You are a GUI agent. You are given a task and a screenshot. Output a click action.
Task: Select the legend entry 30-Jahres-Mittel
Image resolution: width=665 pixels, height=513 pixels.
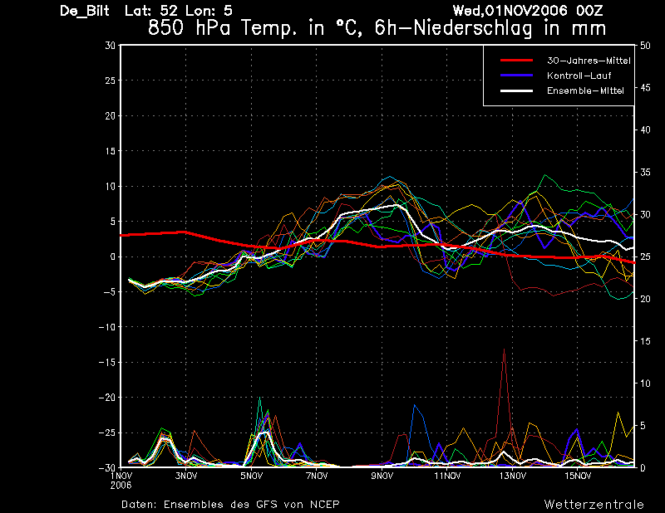pos(589,61)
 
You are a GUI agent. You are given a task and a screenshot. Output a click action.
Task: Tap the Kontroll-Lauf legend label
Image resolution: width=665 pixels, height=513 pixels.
pos(579,76)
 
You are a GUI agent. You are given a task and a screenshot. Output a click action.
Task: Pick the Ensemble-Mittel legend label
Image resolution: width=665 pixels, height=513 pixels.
pos(585,90)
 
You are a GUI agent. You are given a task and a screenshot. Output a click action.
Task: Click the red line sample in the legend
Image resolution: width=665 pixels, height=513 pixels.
pos(516,61)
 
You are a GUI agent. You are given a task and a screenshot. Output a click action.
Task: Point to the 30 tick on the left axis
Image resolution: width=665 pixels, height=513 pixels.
pos(110,45)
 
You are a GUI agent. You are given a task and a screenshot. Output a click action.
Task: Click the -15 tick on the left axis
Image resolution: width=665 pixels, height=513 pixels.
pos(107,362)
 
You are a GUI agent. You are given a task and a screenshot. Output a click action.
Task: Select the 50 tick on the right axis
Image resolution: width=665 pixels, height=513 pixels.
pos(645,46)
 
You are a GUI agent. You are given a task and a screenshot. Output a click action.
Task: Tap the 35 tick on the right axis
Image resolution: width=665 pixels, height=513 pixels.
pos(645,172)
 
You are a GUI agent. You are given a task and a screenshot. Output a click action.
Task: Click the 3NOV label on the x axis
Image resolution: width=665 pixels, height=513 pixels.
pos(186,476)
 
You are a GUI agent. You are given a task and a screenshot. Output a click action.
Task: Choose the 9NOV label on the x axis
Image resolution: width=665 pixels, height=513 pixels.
pos(382,476)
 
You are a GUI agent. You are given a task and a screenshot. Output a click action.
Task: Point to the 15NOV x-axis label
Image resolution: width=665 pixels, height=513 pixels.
pos(578,476)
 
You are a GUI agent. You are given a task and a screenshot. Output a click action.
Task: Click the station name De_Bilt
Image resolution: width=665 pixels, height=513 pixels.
pos(85,11)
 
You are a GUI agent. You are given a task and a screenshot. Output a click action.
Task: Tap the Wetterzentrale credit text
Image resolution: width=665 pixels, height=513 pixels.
pos(594,505)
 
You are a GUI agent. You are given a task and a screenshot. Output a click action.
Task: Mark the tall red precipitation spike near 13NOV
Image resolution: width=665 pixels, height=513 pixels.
pos(504,349)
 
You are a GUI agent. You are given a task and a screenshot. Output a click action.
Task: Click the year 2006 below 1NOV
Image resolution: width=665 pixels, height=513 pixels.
pos(121,486)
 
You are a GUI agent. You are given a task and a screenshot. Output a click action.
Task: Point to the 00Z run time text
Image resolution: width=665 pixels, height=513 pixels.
pos(589,10)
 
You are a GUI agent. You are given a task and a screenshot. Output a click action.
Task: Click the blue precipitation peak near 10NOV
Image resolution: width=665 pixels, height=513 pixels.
pos(415,405)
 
